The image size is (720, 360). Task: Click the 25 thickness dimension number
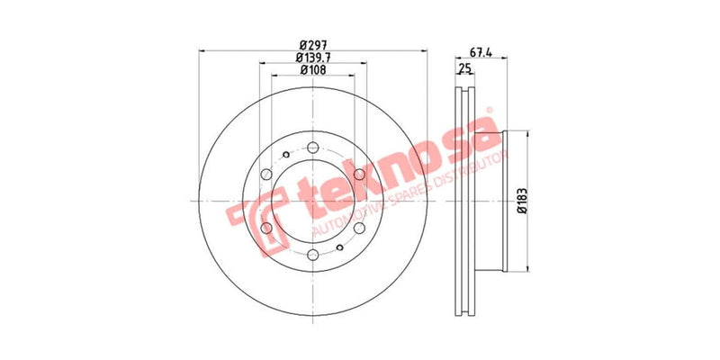click(465, 68)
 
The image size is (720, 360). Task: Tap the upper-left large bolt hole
click(267, 175)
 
